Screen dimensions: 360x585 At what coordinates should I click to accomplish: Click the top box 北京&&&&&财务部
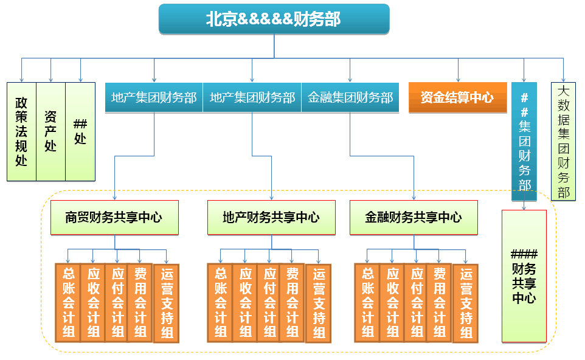tap(274, 19)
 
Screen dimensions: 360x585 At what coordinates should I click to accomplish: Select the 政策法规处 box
tap(21, 131)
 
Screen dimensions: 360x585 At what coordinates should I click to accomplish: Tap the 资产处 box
tap(50, 131)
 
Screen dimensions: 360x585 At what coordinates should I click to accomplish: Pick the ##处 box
tap(80, 131)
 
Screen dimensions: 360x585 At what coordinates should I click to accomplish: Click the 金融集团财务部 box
tap(350, 97)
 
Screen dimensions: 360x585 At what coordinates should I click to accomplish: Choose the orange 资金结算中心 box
tap(457, 97)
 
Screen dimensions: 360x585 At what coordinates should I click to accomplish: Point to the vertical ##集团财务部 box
tap(524, 141)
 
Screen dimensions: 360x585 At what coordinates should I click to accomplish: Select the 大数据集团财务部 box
tap(564, 141)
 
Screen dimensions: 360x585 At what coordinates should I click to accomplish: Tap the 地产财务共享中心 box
tap(271, 217)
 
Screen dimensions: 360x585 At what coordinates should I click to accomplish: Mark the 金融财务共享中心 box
tap(414, 217)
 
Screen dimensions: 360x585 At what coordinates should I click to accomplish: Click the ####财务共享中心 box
tap(524, 276)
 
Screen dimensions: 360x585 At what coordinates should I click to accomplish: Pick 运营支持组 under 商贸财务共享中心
tap(167, 303)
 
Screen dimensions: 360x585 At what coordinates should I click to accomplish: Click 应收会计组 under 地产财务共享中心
tap(245, 302)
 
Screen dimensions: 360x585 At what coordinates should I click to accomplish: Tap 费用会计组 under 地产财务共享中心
tap(292, 302)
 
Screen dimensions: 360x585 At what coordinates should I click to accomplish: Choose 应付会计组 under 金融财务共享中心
tap(417, 302)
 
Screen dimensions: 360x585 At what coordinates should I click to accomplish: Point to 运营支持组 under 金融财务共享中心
tap(466, 303)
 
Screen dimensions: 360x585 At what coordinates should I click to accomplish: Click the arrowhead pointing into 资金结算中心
tap(458, 79)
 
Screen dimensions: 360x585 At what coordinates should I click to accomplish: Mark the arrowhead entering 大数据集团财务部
tap(564, 79)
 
